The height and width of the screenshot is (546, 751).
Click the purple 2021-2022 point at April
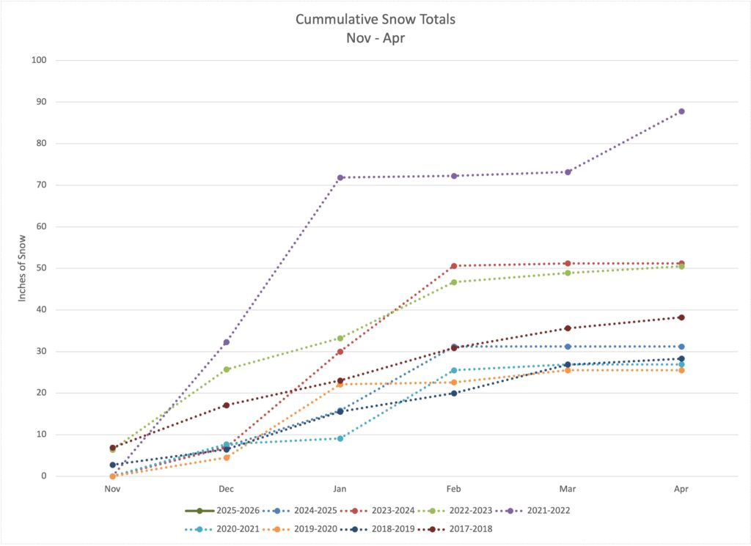pos(681,111)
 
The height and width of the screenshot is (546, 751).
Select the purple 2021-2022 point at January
pos(340,177)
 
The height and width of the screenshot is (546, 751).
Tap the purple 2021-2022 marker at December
pos(227,342)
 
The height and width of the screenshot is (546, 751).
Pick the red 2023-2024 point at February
pos(454,266)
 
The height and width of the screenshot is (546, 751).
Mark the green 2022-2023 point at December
pos(227,369)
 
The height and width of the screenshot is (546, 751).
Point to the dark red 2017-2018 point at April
pos(681,317)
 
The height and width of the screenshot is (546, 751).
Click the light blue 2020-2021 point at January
pos(340,438)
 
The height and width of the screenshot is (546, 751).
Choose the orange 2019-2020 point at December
pos(227,457)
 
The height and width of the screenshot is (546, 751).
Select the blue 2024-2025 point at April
pos(681,347)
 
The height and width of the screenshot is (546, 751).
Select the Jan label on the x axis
pos(340,489)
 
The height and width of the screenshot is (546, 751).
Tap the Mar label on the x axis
pos(568,489)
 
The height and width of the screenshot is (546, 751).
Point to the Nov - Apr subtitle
pos(375,37)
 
